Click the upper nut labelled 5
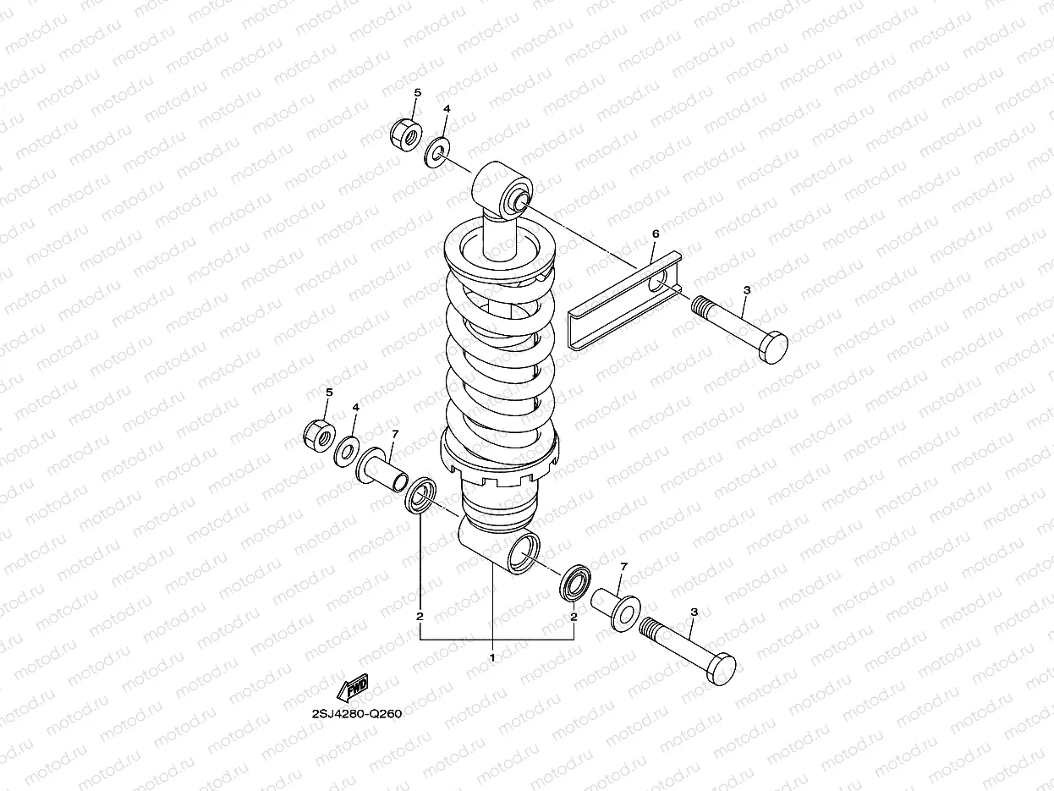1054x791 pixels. click(407, 134)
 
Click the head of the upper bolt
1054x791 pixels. click(772, 346)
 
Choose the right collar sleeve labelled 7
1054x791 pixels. click(614, 610)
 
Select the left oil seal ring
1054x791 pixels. click(420, 495)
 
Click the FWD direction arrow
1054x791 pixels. click(353, 689)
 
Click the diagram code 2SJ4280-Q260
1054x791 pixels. click(355, 712)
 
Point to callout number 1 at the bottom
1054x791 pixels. click(492, 656)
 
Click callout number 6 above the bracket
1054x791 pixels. click(655, 233)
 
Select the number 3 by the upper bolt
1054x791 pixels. click(745, 290)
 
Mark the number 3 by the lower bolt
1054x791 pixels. click(694, 612)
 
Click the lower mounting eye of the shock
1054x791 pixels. click(523, 556)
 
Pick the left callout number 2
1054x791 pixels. click(420, 617)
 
